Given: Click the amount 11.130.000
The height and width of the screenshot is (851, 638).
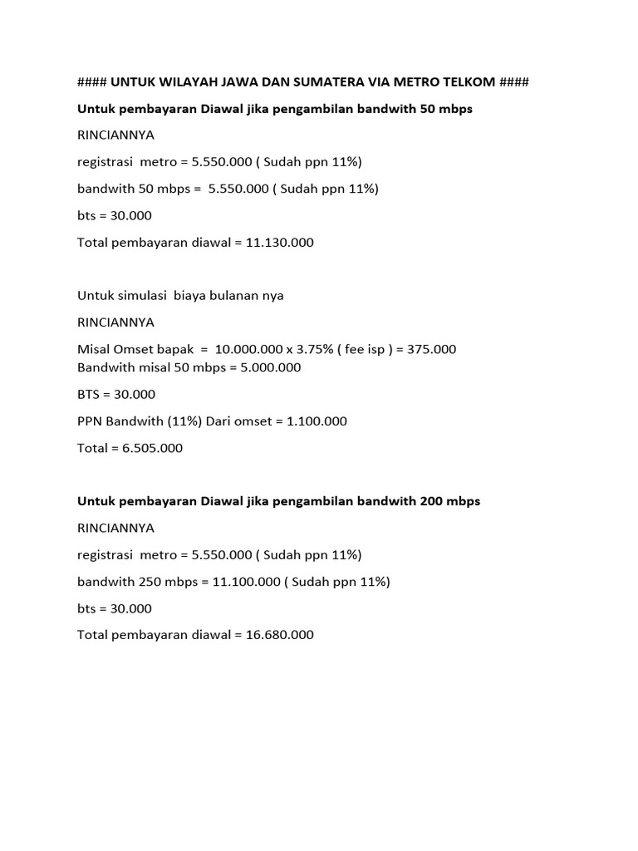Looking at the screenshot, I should coord(280,243).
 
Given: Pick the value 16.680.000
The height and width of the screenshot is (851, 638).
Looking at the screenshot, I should coord(280,635).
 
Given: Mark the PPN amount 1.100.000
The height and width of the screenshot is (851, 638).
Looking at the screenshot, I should coord(317,421).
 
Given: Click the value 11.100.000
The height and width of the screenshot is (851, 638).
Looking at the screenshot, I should coord(247,582).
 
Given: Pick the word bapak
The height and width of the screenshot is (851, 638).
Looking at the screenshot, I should coord(175,349).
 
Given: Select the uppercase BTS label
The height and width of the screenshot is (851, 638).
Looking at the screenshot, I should coord(89,394).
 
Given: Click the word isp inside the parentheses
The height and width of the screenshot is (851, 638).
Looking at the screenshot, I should coord(376,349).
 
